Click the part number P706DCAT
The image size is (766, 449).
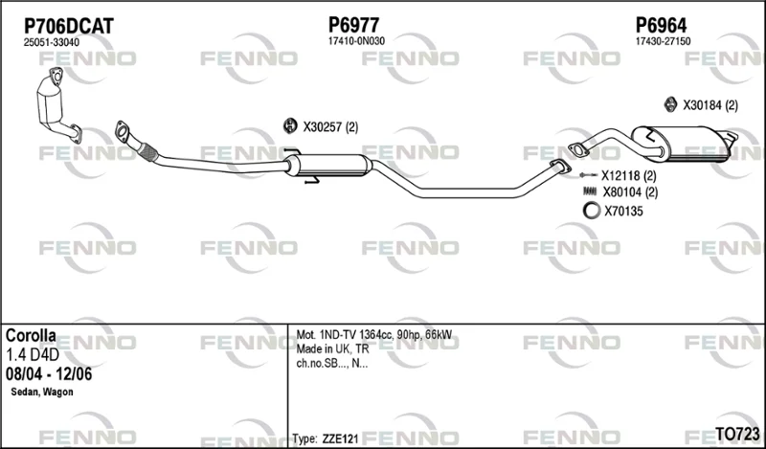pos(69,26)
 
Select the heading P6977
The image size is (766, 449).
pos(353,25)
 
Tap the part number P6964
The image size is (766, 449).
pos(661,25)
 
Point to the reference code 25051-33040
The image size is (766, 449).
pos(52,42)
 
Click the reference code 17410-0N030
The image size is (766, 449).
pos(356,41)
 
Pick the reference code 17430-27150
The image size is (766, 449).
pos(663,41)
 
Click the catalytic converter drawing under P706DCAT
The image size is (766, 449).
pos(57,105)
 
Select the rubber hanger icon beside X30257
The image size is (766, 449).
pos(290,126)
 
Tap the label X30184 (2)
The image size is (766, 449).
pos(710,105)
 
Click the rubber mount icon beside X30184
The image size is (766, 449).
pos(670,104)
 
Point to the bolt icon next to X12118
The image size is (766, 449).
pos(588,175)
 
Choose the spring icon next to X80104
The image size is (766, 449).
pos(590,191)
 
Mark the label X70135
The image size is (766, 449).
pos(624,212)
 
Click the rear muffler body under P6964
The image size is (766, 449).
pos(682,144)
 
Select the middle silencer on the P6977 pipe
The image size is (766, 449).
pos(328,165)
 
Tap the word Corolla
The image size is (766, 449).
pos(31,335)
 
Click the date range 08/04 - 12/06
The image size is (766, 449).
pos(49,374)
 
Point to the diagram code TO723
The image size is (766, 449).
pos(737,434)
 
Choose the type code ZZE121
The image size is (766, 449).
pos(340,438)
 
